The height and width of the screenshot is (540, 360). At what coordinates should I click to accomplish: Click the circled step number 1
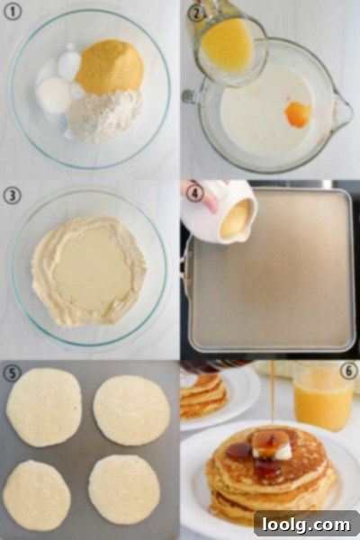pos(12,12)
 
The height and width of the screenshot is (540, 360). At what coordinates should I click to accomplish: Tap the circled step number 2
pos(195,13)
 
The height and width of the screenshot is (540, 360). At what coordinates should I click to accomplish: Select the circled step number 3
pos(12,195)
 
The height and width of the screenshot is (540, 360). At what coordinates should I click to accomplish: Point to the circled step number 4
pos(194,193)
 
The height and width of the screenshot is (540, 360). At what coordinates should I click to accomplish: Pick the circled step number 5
pos(12,373)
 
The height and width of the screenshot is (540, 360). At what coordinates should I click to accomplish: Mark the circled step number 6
pos(348,371)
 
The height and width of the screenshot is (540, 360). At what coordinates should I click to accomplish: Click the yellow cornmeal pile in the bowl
pos(110,67)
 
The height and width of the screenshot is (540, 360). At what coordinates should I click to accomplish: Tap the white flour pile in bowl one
pos(104,116)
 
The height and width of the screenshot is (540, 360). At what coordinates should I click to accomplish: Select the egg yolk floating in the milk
pos(298,114)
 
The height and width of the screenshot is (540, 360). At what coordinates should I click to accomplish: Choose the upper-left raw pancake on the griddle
pos(44,408)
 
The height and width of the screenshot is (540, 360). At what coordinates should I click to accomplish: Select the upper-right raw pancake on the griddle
pos(131,410)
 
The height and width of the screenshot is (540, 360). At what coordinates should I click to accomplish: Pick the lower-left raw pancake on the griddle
pos(37,495)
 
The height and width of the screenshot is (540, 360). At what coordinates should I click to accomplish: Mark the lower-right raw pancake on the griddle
pos(124,490)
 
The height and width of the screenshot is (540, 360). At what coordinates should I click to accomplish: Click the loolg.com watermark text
pos(306,525)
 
